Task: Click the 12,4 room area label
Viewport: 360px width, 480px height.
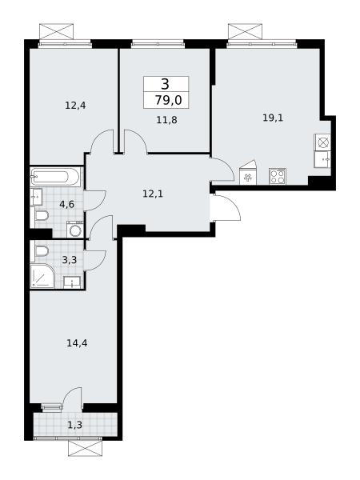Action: point(75,106)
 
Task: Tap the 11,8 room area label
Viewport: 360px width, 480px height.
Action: point(167,120)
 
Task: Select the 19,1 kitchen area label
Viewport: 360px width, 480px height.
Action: point(273,118)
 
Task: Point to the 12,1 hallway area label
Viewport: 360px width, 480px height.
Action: point(153,194)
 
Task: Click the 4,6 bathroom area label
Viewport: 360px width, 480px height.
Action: point(66,204)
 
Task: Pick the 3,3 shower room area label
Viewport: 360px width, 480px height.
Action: point(69,260)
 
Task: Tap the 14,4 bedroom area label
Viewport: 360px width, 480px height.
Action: point(77,343)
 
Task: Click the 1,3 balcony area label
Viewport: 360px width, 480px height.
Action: point(75,425)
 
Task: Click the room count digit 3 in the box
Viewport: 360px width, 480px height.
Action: point(166,84)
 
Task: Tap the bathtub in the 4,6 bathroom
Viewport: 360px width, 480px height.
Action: point(55,177)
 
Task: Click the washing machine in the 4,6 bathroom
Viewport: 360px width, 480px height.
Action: point(74,230)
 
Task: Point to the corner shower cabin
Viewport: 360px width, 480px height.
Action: point(42,276)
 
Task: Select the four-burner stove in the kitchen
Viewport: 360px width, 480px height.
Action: point(278,176)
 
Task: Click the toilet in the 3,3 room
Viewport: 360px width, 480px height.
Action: point(42,252)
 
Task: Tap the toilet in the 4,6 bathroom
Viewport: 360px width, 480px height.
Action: point(42,217)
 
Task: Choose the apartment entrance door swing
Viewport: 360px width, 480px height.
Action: point(226,206)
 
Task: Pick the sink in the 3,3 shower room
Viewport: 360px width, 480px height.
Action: point(72,282)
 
